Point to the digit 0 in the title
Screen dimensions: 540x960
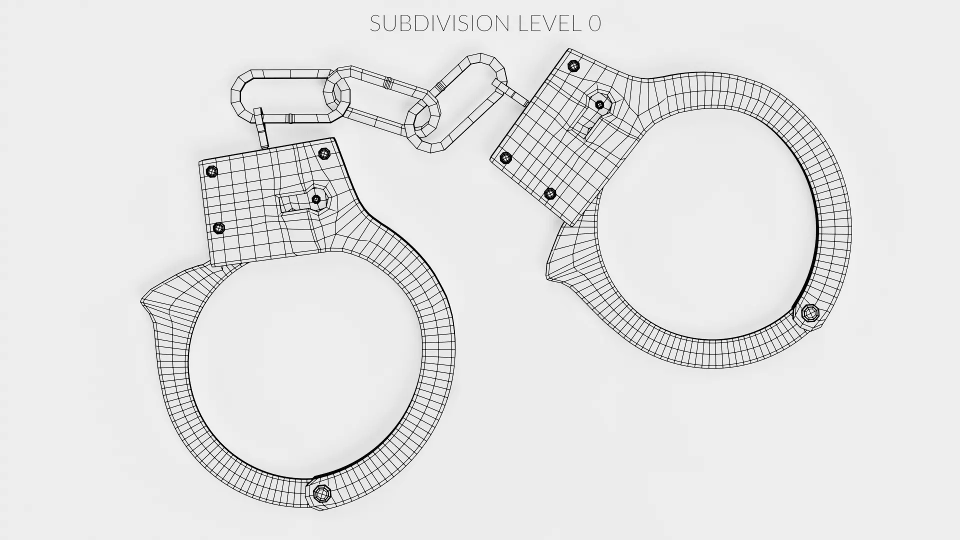coord(594,23)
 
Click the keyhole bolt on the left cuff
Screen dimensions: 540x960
coord(316,199)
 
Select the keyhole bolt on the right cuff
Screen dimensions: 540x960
coord(599,104)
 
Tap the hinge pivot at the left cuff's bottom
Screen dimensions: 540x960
coord(321,493)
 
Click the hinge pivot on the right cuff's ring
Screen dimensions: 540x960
coord(809,313)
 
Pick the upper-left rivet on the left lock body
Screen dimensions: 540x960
coord(212,171)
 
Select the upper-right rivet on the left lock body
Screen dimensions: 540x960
coord(324,153)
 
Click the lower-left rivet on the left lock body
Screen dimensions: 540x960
coord(219,228)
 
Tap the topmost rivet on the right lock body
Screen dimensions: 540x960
coord(574,65)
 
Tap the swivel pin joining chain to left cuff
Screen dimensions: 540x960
coord(261,128)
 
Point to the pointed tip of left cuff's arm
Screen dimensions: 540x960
coord(143,301)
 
